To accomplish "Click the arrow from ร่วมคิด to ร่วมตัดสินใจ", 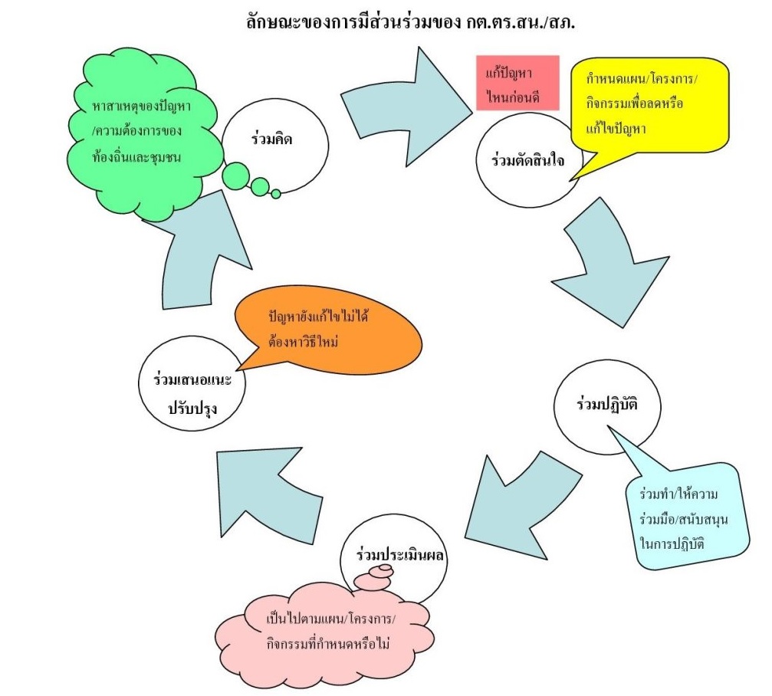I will (x=406, y=96).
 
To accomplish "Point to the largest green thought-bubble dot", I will (x=235, y=176).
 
